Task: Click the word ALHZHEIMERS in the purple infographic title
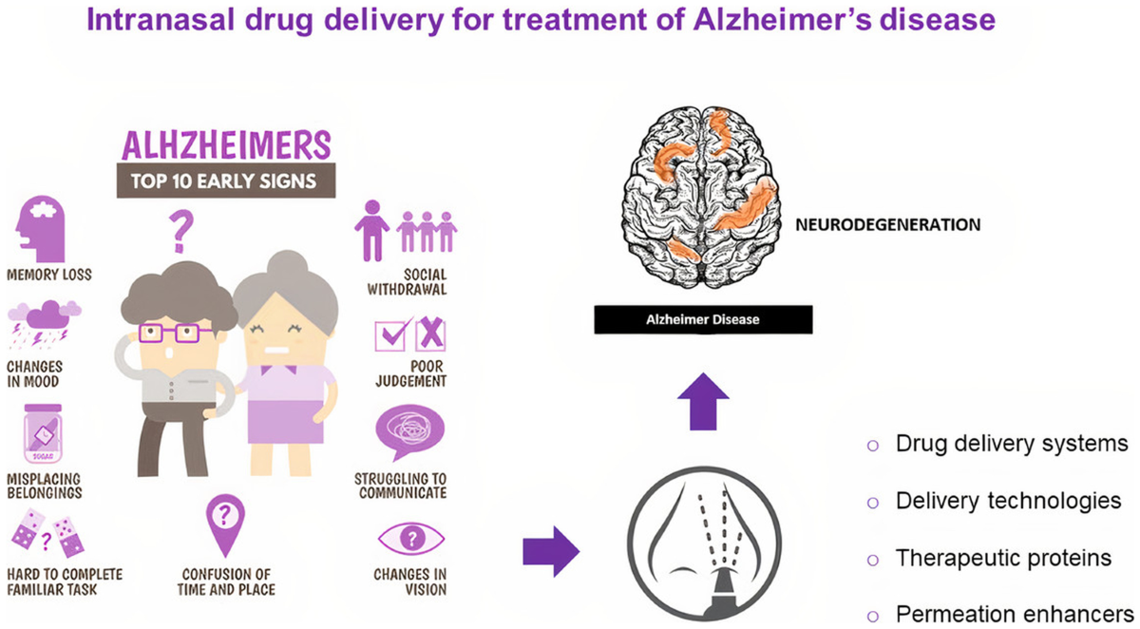[226, 145]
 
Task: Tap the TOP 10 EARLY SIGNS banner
[226, 181]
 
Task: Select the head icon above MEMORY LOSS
[41, 229]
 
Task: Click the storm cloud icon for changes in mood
[45, 324]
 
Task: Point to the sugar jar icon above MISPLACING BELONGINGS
[44, 433]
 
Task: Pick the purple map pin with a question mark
[225, 524]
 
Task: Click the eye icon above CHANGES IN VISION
[411, 538]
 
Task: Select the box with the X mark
[430, 334]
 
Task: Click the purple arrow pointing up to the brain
[703, 402]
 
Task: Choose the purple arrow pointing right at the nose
[551, 552]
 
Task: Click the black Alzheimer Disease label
[703, 319]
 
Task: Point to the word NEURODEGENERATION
[888, 225]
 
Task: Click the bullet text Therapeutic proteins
[1003, 558]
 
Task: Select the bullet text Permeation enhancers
[1015, 614]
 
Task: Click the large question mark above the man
[180, 232]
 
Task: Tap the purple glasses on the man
[174, 334]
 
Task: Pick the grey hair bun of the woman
[288, 266]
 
